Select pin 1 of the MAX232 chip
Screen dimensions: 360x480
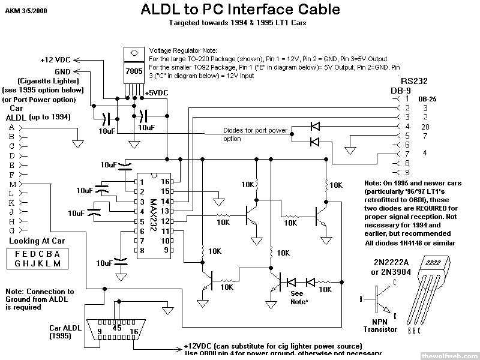[142, 181]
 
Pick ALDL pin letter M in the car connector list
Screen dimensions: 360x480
[12, 184]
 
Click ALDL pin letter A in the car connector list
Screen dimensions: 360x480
[12, 127]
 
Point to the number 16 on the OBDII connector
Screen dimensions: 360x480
[134, 332]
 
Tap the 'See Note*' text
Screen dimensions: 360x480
[298, 298]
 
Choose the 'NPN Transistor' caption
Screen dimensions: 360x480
[380, 325]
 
